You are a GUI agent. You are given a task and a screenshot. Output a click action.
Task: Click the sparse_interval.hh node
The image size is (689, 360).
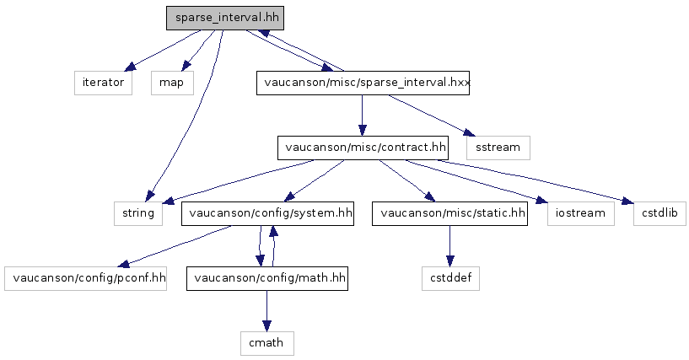pos(225,18)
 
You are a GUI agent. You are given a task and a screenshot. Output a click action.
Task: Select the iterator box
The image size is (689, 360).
pos(103,83)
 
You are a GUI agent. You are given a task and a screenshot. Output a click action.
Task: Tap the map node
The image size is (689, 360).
pos(172,83)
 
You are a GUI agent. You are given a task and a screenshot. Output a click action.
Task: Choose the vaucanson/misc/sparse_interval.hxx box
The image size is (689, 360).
pos(363,83)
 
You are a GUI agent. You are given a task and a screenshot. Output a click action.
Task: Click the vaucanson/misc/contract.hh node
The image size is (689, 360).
pos(363,148)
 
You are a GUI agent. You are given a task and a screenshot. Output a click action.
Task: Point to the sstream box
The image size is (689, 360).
pos(498,148)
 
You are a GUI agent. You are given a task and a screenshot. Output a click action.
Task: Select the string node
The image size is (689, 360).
pos(138,213)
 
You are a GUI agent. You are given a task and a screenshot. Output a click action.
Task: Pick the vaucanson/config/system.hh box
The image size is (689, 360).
pos(267,213)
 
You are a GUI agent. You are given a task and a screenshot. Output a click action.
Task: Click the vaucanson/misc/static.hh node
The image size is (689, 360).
pos(450,213)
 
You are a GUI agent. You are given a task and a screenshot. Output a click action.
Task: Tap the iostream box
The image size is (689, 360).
pos(581,213)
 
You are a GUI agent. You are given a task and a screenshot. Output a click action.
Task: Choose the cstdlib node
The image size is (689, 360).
pos(659,213)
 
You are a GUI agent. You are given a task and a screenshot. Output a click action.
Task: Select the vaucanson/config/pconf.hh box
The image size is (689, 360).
pos(86,278)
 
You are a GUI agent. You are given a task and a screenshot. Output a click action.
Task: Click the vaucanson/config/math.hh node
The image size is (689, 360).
pos(267,278)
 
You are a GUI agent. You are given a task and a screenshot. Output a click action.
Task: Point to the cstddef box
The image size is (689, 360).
pos(451,278)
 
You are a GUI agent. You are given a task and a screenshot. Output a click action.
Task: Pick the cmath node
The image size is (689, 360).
pos(267,343)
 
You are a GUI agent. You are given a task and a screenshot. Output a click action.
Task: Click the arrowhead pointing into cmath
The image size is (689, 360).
pos(266,325)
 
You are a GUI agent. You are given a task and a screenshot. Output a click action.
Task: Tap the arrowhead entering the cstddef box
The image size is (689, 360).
pos(449,261)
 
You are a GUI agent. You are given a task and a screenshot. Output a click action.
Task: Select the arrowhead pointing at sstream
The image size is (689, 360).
pos(469,132)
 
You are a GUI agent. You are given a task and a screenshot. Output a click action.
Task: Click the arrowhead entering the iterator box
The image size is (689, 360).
pos(131,67)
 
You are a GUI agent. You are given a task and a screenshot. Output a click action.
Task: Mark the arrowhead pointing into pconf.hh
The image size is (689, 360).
pos(124,264)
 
